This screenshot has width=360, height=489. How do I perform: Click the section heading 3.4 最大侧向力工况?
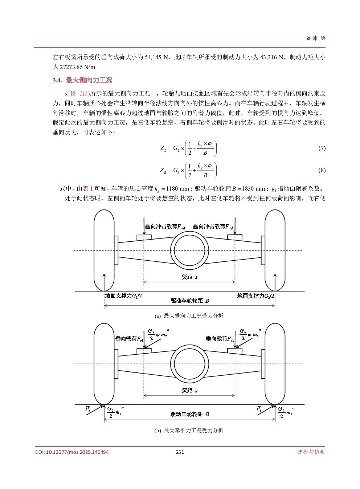tap(82, 80)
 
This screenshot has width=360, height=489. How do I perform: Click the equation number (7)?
tap(322, 148)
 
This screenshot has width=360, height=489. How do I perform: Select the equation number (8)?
tap(322, 170)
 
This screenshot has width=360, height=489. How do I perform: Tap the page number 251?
tap(180, 452)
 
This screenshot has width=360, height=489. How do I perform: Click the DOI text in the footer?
tap(72, 452)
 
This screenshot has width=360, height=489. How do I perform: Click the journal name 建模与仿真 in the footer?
tap(311, 452)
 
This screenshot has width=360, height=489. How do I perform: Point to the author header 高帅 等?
tap(316, 38)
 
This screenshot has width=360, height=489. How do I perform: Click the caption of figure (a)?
tap(189, 316)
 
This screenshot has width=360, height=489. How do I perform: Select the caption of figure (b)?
tap(189, 431)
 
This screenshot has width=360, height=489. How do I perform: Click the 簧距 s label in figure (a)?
tap(189, 277)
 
